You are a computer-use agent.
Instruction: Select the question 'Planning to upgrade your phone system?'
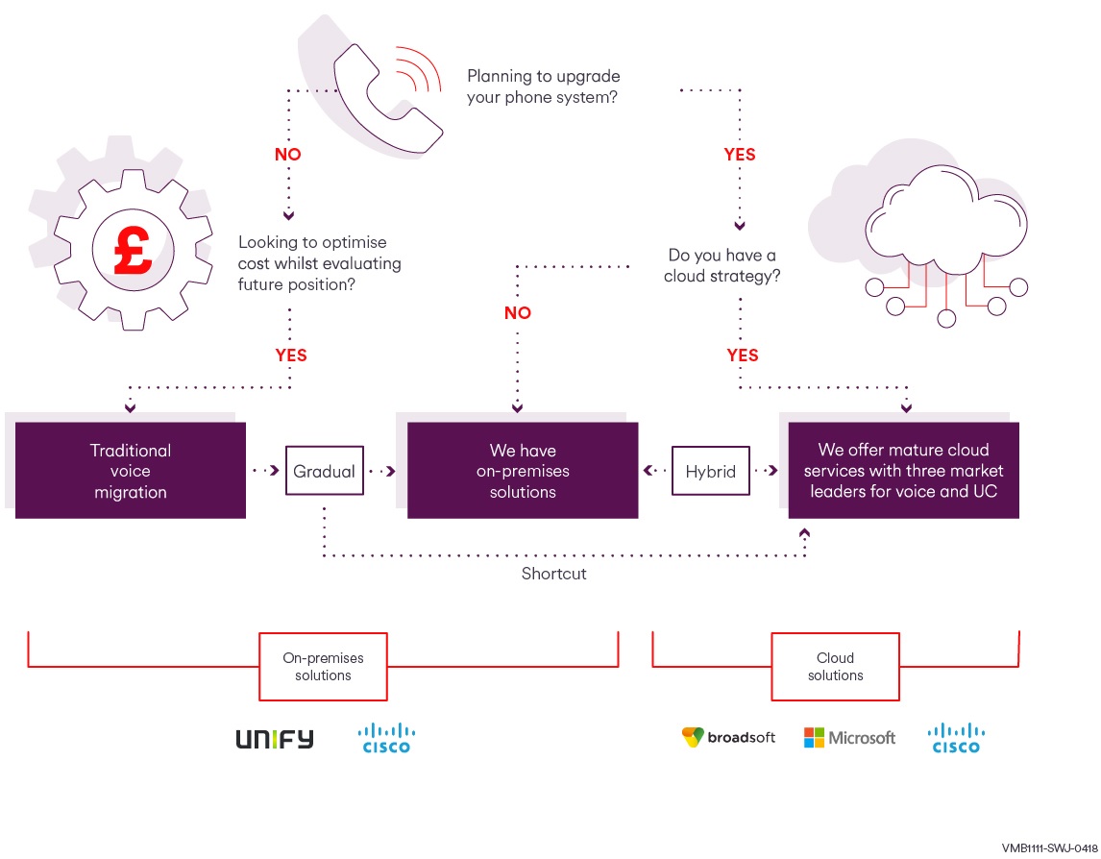(543, 86)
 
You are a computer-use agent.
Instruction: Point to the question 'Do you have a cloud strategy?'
(722, 266)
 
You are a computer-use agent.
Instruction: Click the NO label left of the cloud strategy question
(517, 313)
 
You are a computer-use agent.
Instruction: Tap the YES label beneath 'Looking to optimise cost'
(290, 356)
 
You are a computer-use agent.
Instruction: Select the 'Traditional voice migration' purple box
(131, 471)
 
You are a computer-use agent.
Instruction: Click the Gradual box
(325, 471)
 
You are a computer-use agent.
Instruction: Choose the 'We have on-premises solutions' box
(523, 471)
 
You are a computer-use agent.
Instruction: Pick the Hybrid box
(710, 471)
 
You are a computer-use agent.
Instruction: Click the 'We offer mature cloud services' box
(903, 471)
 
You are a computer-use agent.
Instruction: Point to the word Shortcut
(553, 574)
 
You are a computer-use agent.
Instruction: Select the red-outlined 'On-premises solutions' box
(323, 667)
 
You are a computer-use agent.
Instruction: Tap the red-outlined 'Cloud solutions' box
(835, 667)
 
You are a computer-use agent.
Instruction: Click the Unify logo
(275, 739)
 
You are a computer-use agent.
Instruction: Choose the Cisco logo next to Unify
(386, 738)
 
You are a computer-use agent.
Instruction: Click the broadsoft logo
(728, 738)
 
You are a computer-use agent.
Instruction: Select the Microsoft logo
(849, 738)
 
